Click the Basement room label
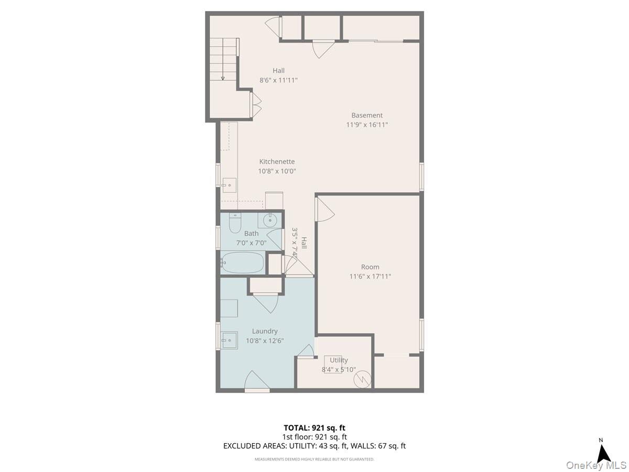coord(367,115)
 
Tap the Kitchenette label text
coord(277,162)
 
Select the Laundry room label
coord(265,331)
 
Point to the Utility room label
coord(339,360)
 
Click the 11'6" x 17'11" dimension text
coord(370,276)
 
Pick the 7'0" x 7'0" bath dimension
coord(251,243)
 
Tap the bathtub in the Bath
coord(243,262)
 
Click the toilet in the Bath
coord(235,223)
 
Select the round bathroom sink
coord(269,220)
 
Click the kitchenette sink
coord(230,185)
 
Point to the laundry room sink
coord(230,340)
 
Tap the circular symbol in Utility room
coord(362,380)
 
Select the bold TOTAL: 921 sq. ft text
coord(314,428)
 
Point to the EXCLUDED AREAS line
coord(314,446)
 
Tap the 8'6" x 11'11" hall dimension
coord(278,80)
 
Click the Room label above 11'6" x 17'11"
coord(370,267)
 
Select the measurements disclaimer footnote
coord(314,459)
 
